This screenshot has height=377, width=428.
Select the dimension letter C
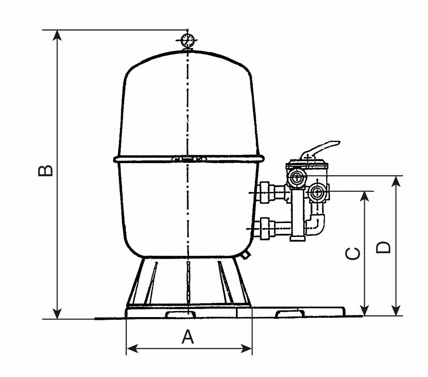point(353,254)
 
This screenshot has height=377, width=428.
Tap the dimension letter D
point(383,248)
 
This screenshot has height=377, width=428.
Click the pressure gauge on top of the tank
point(187,41)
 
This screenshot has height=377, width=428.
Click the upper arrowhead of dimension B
point(57,35)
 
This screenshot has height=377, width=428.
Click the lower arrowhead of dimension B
point(57,314)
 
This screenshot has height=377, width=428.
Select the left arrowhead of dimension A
point(132,349)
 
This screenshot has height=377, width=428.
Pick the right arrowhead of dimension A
point(246,349)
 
